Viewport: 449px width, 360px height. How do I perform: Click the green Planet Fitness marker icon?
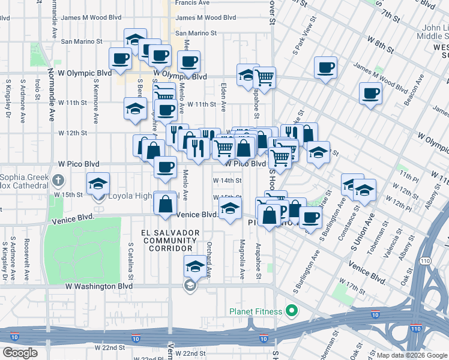pos(291,310)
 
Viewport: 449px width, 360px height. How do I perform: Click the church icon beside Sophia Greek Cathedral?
pos(58,179)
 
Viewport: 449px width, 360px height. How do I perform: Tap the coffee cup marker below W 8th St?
pos(325,68)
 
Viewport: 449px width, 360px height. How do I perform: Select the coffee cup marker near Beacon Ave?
pos(370,94)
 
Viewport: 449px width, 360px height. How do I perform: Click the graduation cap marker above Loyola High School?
pos(98,184)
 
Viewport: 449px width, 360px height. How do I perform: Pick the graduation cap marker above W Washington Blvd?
pos(194,266)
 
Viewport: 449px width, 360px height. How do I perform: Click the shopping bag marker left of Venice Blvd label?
pos(165,203)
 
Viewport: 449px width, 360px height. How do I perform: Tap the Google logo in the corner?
pos(20,352)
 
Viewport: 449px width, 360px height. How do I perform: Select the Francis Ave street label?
pos(192,3)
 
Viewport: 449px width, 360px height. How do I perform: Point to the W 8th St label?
pos(379,41)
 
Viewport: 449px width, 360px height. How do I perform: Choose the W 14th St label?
pos(228,180)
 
